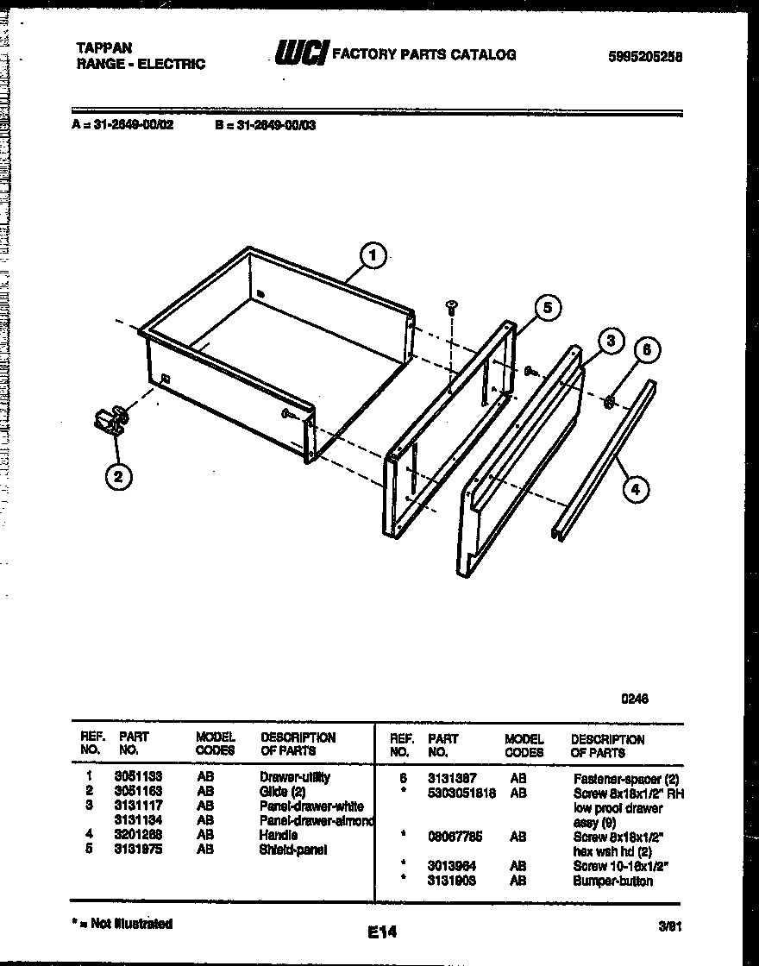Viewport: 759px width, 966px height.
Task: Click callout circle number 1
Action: [372, 255]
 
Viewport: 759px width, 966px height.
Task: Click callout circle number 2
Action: [119, 477]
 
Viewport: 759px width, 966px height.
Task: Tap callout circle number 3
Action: [611, 341]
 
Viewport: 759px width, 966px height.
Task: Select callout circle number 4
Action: [635, 489]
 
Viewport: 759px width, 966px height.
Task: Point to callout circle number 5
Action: [546, 307]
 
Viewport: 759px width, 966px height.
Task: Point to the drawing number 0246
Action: [635, 699]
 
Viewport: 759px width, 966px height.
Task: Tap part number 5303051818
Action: [461, 793]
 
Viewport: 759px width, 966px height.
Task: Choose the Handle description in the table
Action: [279, 835]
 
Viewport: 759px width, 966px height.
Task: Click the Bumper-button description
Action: [613, 881]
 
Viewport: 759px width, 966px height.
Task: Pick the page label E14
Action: [380, 932]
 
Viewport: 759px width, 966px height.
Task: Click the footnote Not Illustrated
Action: [122, 924]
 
